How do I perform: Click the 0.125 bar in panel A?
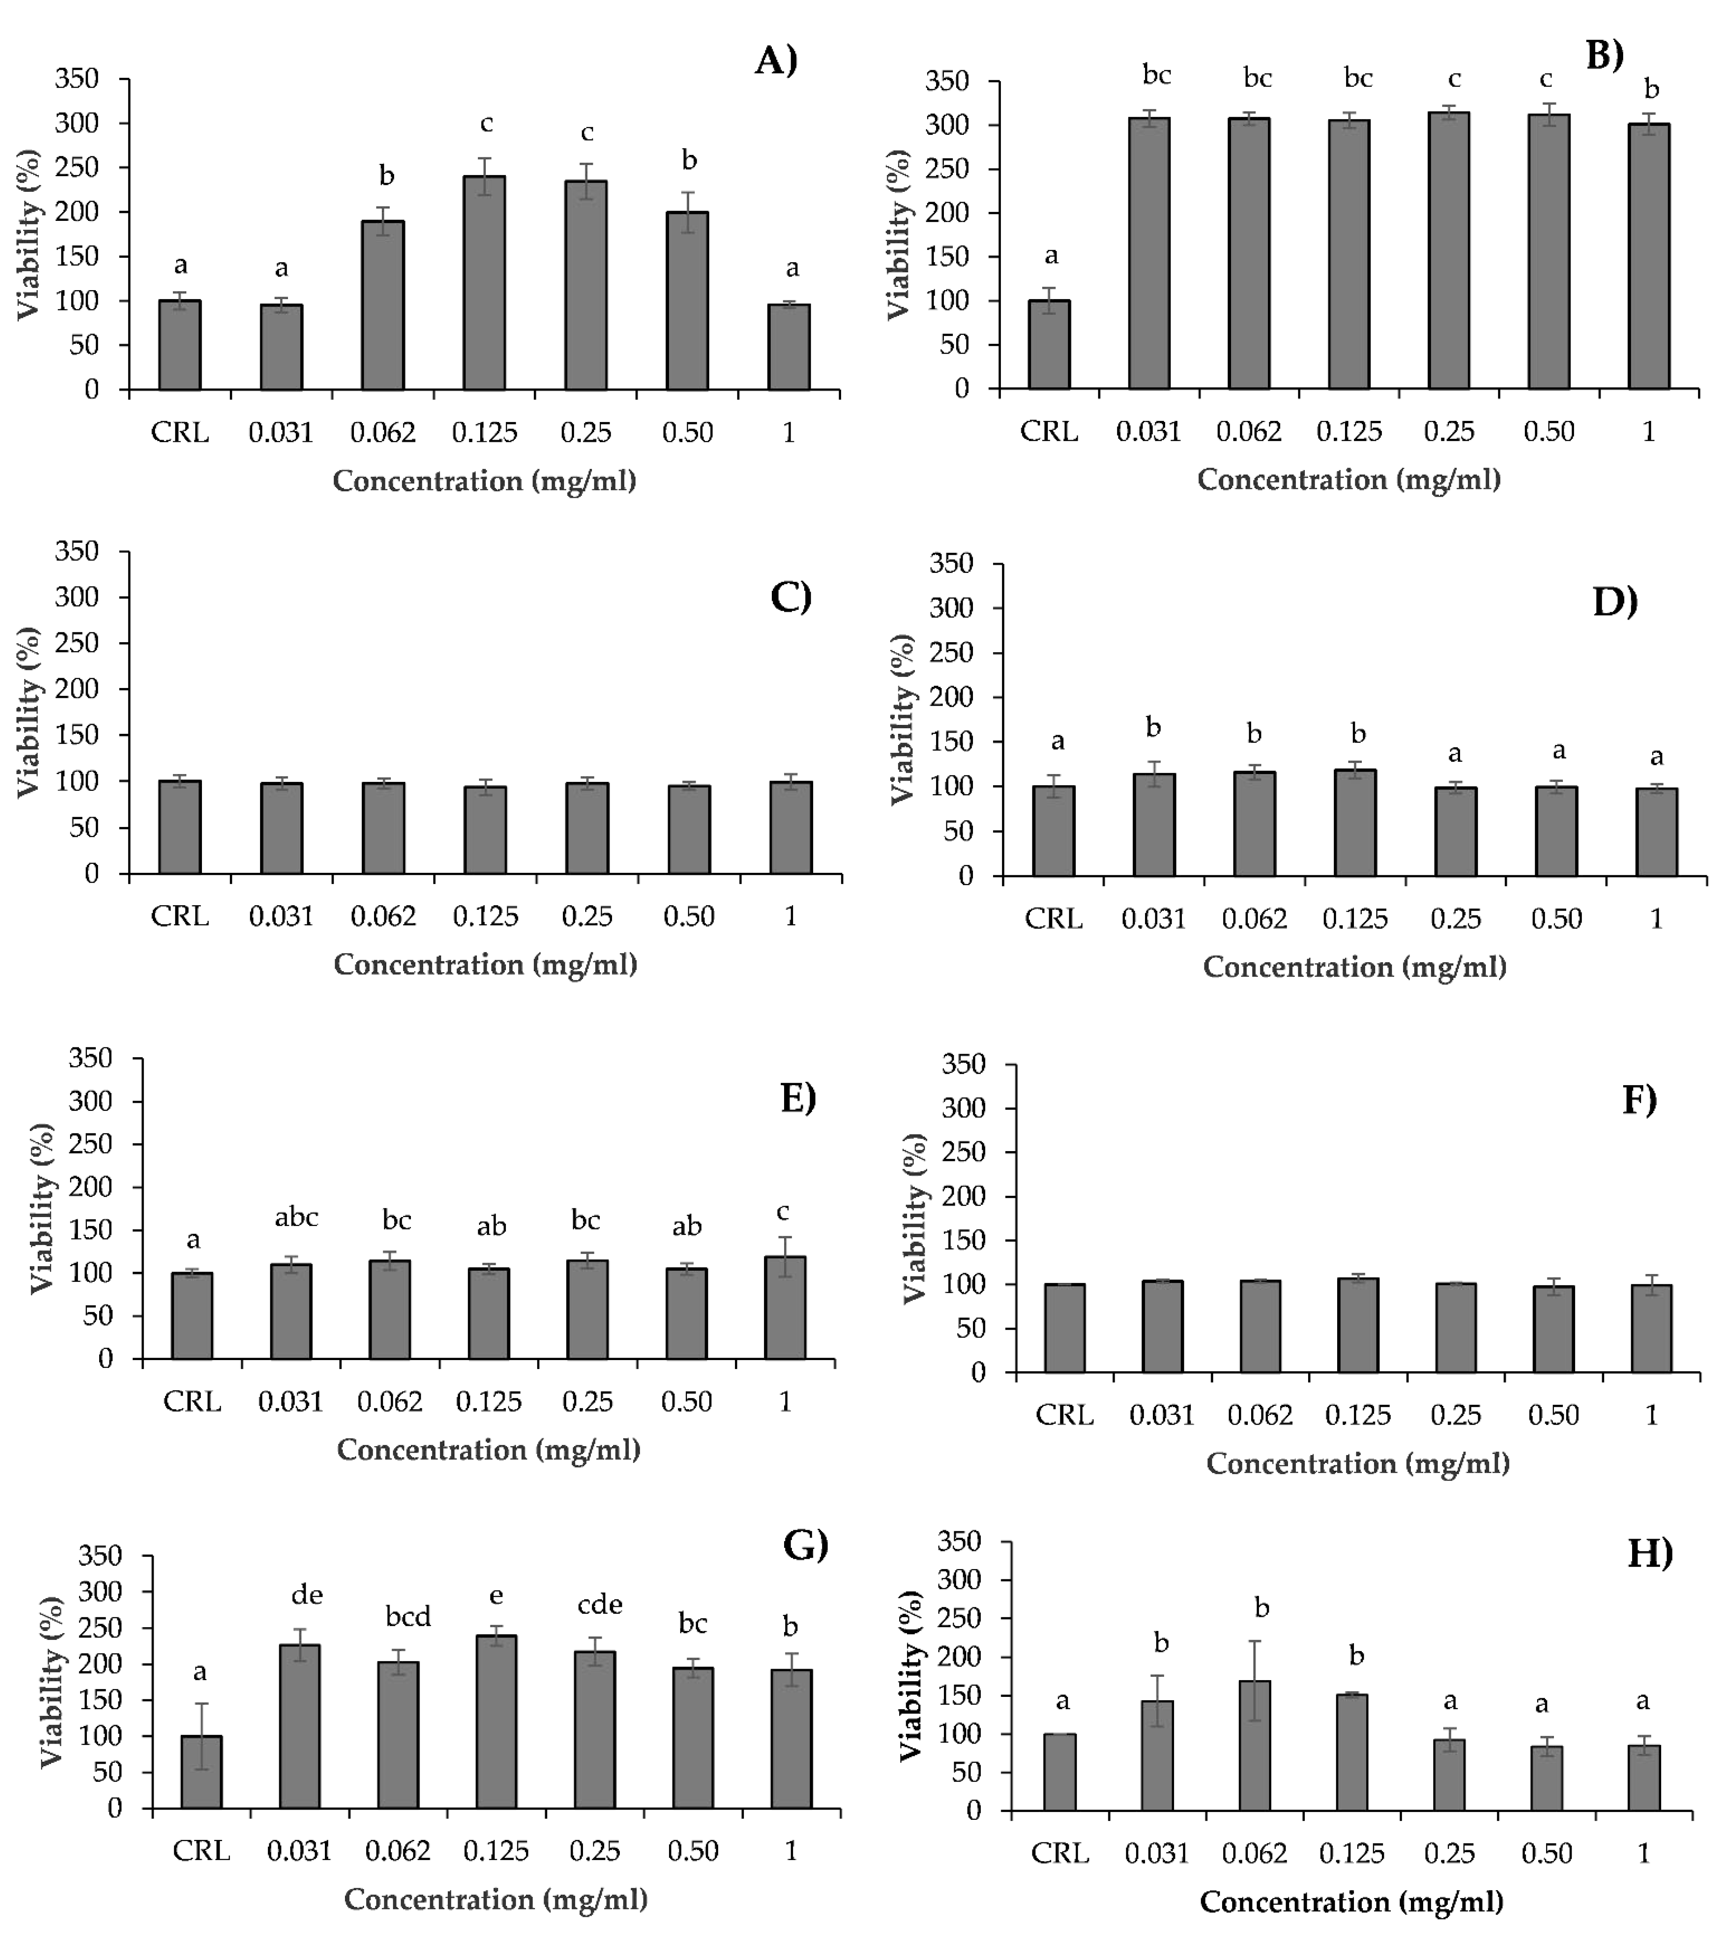click(x=484, y=282)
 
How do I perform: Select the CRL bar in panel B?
click(x=1049, y=344)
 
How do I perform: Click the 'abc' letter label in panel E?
click(x=296, y=1217)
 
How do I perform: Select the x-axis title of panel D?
click(x=1354, y=967)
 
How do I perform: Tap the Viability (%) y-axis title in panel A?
click(x=29, y=234)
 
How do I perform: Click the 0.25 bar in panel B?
click(x=1449, y=250)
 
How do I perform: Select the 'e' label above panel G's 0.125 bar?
click(x=495, y=1596)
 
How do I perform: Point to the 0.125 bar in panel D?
click(x=1355, y=823)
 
